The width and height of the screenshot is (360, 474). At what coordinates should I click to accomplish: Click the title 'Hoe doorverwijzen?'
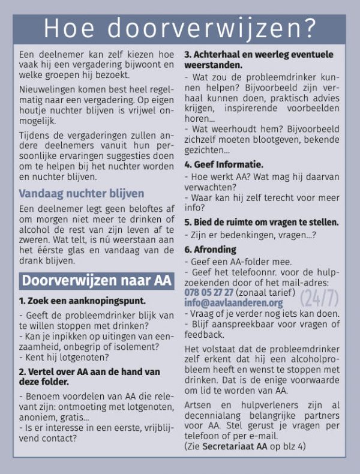(x=180, y=28)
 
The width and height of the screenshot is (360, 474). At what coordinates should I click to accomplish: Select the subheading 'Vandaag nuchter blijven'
(x=81, y=193)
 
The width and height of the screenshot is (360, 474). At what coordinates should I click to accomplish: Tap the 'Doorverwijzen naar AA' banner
(x=96, y=280)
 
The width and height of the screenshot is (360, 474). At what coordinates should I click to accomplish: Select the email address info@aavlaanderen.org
(x=233, y=302)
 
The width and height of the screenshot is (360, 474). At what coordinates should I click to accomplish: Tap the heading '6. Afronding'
(x=210, y=249)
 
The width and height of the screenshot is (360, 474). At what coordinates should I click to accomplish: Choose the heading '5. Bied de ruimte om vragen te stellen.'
(x=261, y=221)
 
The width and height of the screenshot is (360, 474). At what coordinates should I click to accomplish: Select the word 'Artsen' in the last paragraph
(x=198, y=406)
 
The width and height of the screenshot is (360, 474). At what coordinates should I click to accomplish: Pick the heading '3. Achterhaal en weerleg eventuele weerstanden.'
(x=258, y=59)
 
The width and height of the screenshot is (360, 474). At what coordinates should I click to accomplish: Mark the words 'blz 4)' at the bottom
(x=292, y=446)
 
